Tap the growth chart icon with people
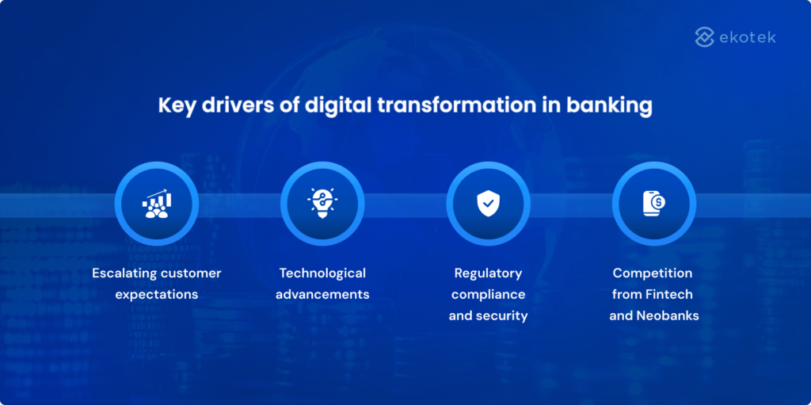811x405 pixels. pyautogui.click(x=156, y=204)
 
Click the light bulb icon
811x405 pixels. pyautogui.click(x=322, y=204)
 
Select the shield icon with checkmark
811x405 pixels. pyautogui.click(x=488, y=204)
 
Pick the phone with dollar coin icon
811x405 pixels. pyautogui.click(x=653, y=204)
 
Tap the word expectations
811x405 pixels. pyautogui.click(x=156, y=295)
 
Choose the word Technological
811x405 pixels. pyautogui.click(x=322, y=273)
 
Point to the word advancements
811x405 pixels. pyautogui.click(x=322, y=294)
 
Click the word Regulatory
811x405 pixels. pyautogui.click(x=488, y=273)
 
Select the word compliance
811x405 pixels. pyautogui.click(x=488, y=295)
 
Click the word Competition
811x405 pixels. pyautogui.click(x=653, y=273)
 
